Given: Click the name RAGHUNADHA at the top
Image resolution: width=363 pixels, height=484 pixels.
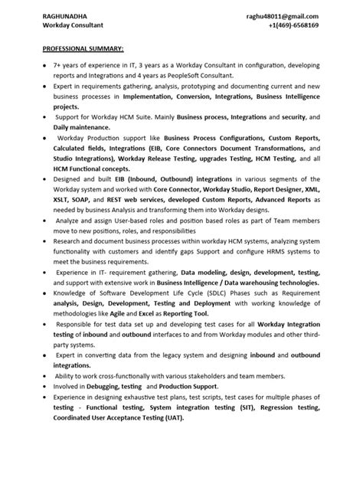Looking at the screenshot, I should tap(68, 15).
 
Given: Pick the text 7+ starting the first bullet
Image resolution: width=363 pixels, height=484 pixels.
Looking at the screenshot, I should tap(60, 67).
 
